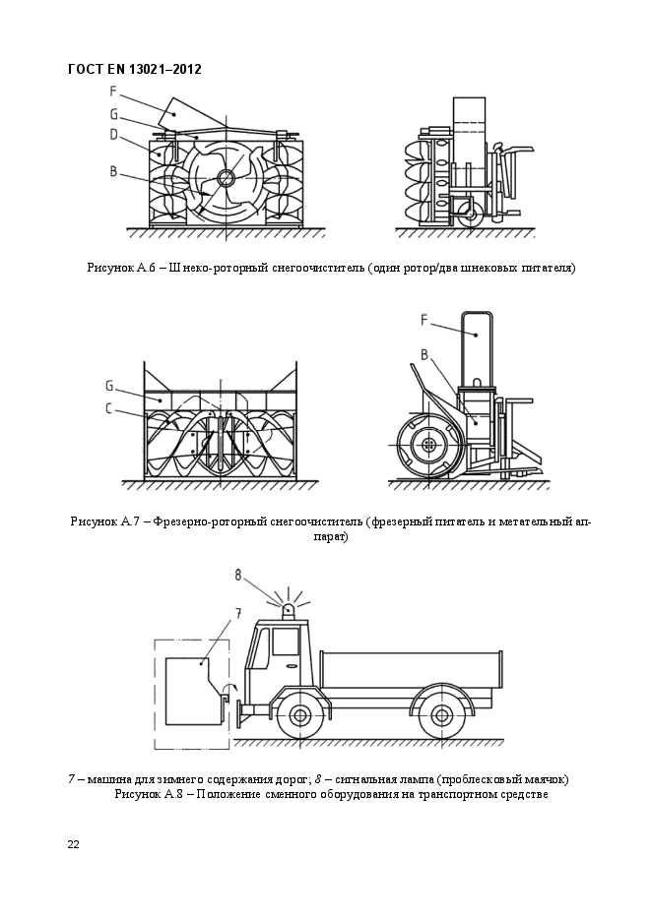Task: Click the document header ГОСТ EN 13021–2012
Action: (135, 69)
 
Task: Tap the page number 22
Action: (74, 844)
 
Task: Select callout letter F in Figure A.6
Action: (114, 91)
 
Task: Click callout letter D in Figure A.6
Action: (114, 134)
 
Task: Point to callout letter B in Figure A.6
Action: (114, 171)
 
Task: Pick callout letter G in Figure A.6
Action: (114, 113)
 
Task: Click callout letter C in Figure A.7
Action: (109, 407)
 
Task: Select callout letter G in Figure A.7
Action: (109, 385)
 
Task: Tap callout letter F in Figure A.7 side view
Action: (423, 319)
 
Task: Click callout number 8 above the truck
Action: (238, 574)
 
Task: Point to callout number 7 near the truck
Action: (237, 614)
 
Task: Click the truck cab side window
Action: (286, 641)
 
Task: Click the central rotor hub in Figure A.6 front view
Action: (226, 178)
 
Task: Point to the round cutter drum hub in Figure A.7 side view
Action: (428, 446)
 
